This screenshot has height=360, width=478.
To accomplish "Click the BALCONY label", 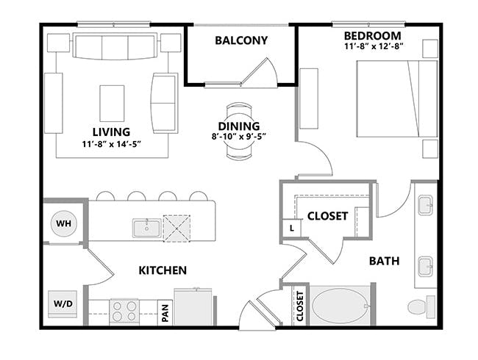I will click(240, 40).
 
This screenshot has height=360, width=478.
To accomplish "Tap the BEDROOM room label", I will click(372, 36).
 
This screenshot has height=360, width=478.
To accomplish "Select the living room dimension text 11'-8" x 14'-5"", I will click(111, 143).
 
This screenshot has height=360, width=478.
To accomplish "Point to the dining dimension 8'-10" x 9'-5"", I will click(239, 135).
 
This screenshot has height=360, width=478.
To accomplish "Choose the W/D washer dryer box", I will click(62, 303).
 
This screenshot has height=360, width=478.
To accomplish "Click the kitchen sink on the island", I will click(146, 228).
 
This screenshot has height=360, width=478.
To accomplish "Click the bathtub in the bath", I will click(338, 306).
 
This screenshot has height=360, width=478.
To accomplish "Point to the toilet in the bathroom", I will click(421, 306).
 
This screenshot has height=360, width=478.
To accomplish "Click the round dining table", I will click(238, 131).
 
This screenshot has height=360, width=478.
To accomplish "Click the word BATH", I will click(384, 260).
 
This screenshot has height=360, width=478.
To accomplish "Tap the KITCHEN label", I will click(163, 270).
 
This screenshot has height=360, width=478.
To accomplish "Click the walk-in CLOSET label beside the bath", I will click(327, 216).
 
